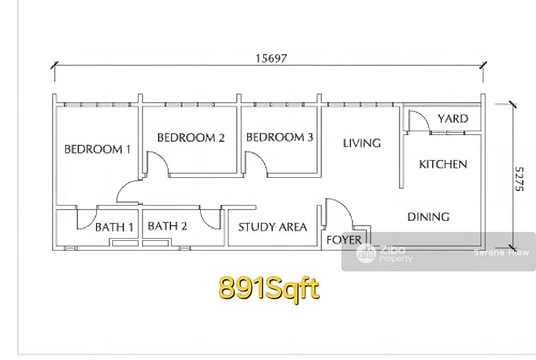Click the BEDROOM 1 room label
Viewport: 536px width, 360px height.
[98, 149]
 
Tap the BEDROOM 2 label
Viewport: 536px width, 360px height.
[190, 138]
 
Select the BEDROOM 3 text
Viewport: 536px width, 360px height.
[280, 137]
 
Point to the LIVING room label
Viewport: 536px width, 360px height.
[361, 143]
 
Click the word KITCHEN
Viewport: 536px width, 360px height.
[443, 164]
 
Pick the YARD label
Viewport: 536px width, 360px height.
[453, 118]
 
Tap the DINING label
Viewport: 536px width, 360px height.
[429, 217]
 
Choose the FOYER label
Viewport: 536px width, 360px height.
[343, 240]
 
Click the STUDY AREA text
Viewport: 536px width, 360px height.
[272, 227]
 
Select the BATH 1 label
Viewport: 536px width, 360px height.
[114, 227]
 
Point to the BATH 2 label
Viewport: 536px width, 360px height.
[168, 226]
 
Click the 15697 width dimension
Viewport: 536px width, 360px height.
[271, 58]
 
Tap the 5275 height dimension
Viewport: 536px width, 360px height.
[519, 179]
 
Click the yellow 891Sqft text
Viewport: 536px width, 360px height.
[269, 288]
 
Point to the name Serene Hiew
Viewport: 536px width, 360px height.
[501, 252]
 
